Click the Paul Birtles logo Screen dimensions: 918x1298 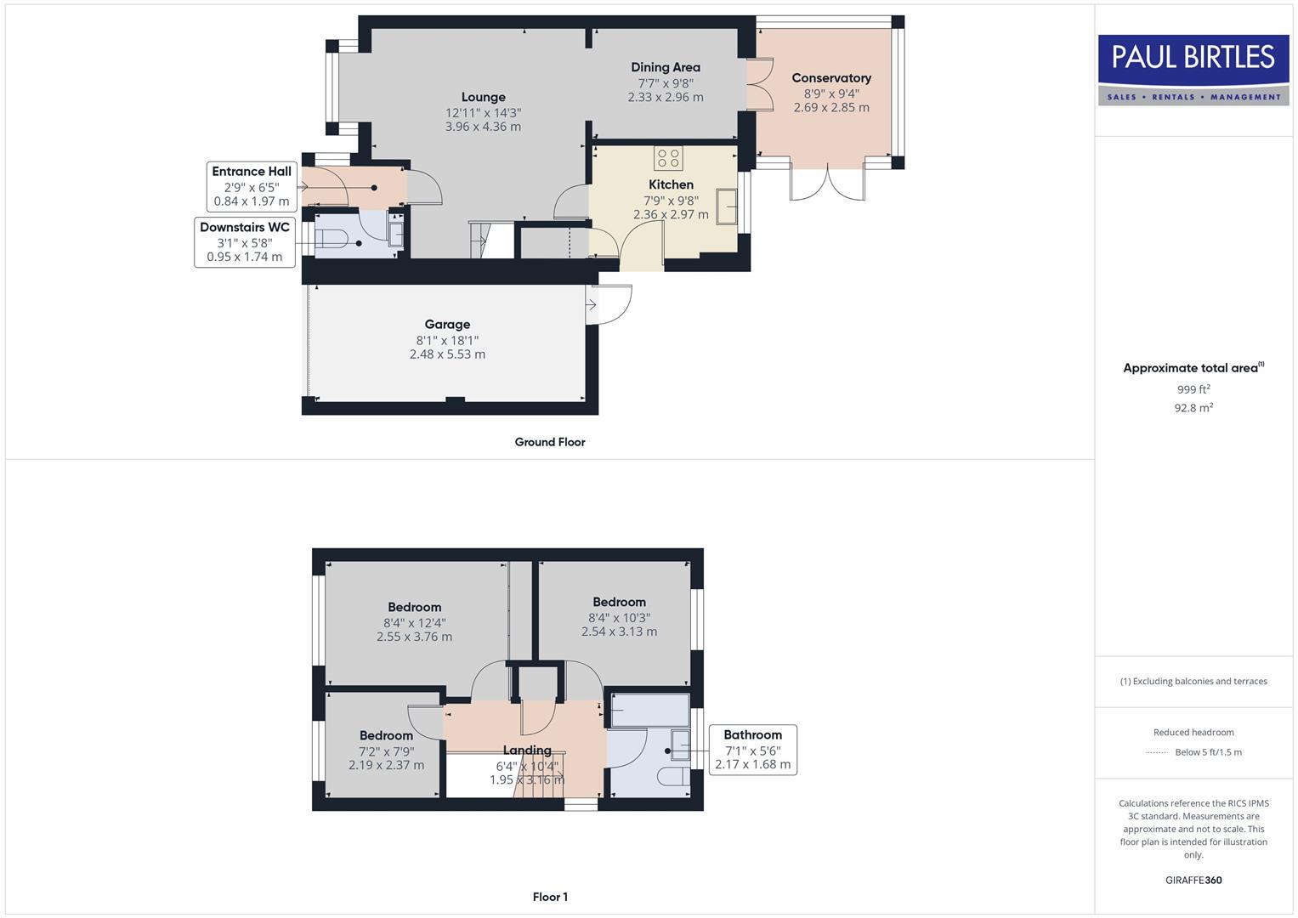[1193, 70]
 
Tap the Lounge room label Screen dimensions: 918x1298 [483, 97]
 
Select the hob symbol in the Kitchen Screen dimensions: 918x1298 [668, 158]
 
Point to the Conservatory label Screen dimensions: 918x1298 [830, 78]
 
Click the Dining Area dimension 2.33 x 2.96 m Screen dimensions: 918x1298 [665, 98]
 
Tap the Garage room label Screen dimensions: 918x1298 [447, 324]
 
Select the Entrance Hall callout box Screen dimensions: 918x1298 [252, 186]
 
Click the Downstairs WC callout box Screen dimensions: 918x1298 [245, 241]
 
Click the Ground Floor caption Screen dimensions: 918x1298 [549, 442]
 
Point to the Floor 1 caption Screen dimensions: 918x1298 [549, 897]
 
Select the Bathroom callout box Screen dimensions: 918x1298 [752, 749]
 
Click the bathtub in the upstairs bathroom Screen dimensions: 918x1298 [649, 711]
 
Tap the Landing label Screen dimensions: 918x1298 [527, 750]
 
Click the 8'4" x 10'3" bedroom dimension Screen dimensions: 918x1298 [619, 618]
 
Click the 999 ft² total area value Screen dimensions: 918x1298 [1193, 389]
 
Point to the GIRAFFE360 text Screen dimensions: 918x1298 [1193, 880]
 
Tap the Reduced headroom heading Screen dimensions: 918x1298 [1193, 732]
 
